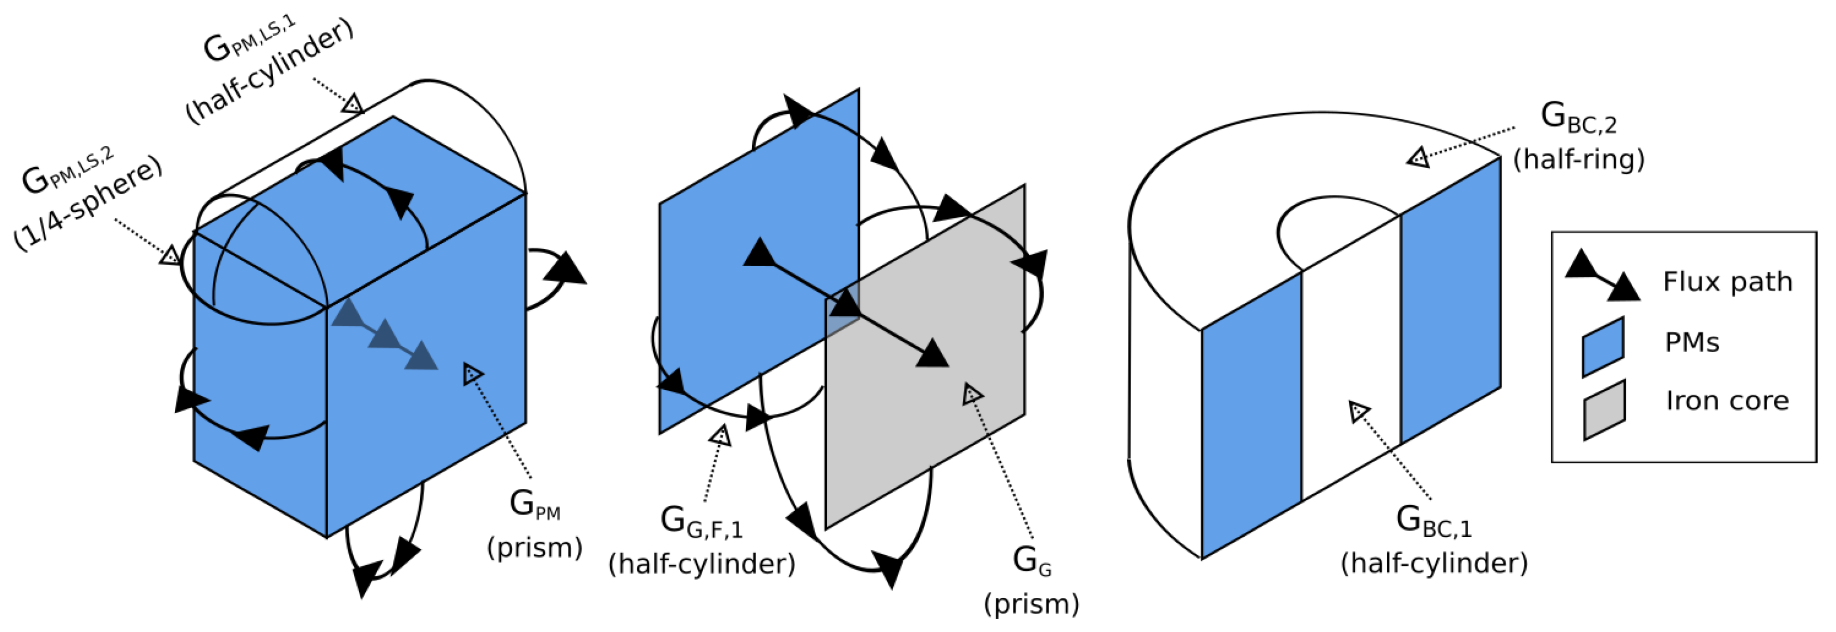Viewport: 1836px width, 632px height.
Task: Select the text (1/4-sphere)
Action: click(x=89, y=204)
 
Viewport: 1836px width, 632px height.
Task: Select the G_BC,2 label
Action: click(x=1578, y=117)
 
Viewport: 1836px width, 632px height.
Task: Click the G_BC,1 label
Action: click(x=1433, y=521)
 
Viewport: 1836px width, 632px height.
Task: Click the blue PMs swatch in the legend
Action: click(x=1603, y=346)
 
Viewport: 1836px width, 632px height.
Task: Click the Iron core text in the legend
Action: click(x=1727, y=401)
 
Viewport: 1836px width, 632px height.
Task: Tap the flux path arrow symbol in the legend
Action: click(x=1602, y=276)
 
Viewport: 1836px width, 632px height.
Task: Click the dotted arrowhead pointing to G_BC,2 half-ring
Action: click(x=1418, y=158)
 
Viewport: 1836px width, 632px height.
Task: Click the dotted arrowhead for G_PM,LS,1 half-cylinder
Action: click(x=352, y=104)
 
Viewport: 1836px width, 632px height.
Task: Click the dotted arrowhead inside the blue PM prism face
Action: click(x=473, y=374)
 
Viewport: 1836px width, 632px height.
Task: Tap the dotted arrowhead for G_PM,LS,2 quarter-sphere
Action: click(x=169, y=254)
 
